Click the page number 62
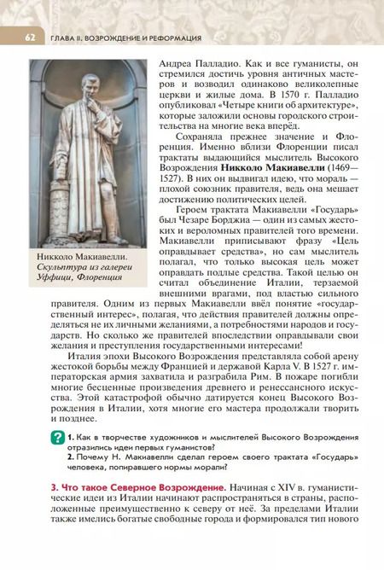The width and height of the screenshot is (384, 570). point(29,38)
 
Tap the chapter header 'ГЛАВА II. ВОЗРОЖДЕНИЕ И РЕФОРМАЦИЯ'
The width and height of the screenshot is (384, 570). point(125,38)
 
